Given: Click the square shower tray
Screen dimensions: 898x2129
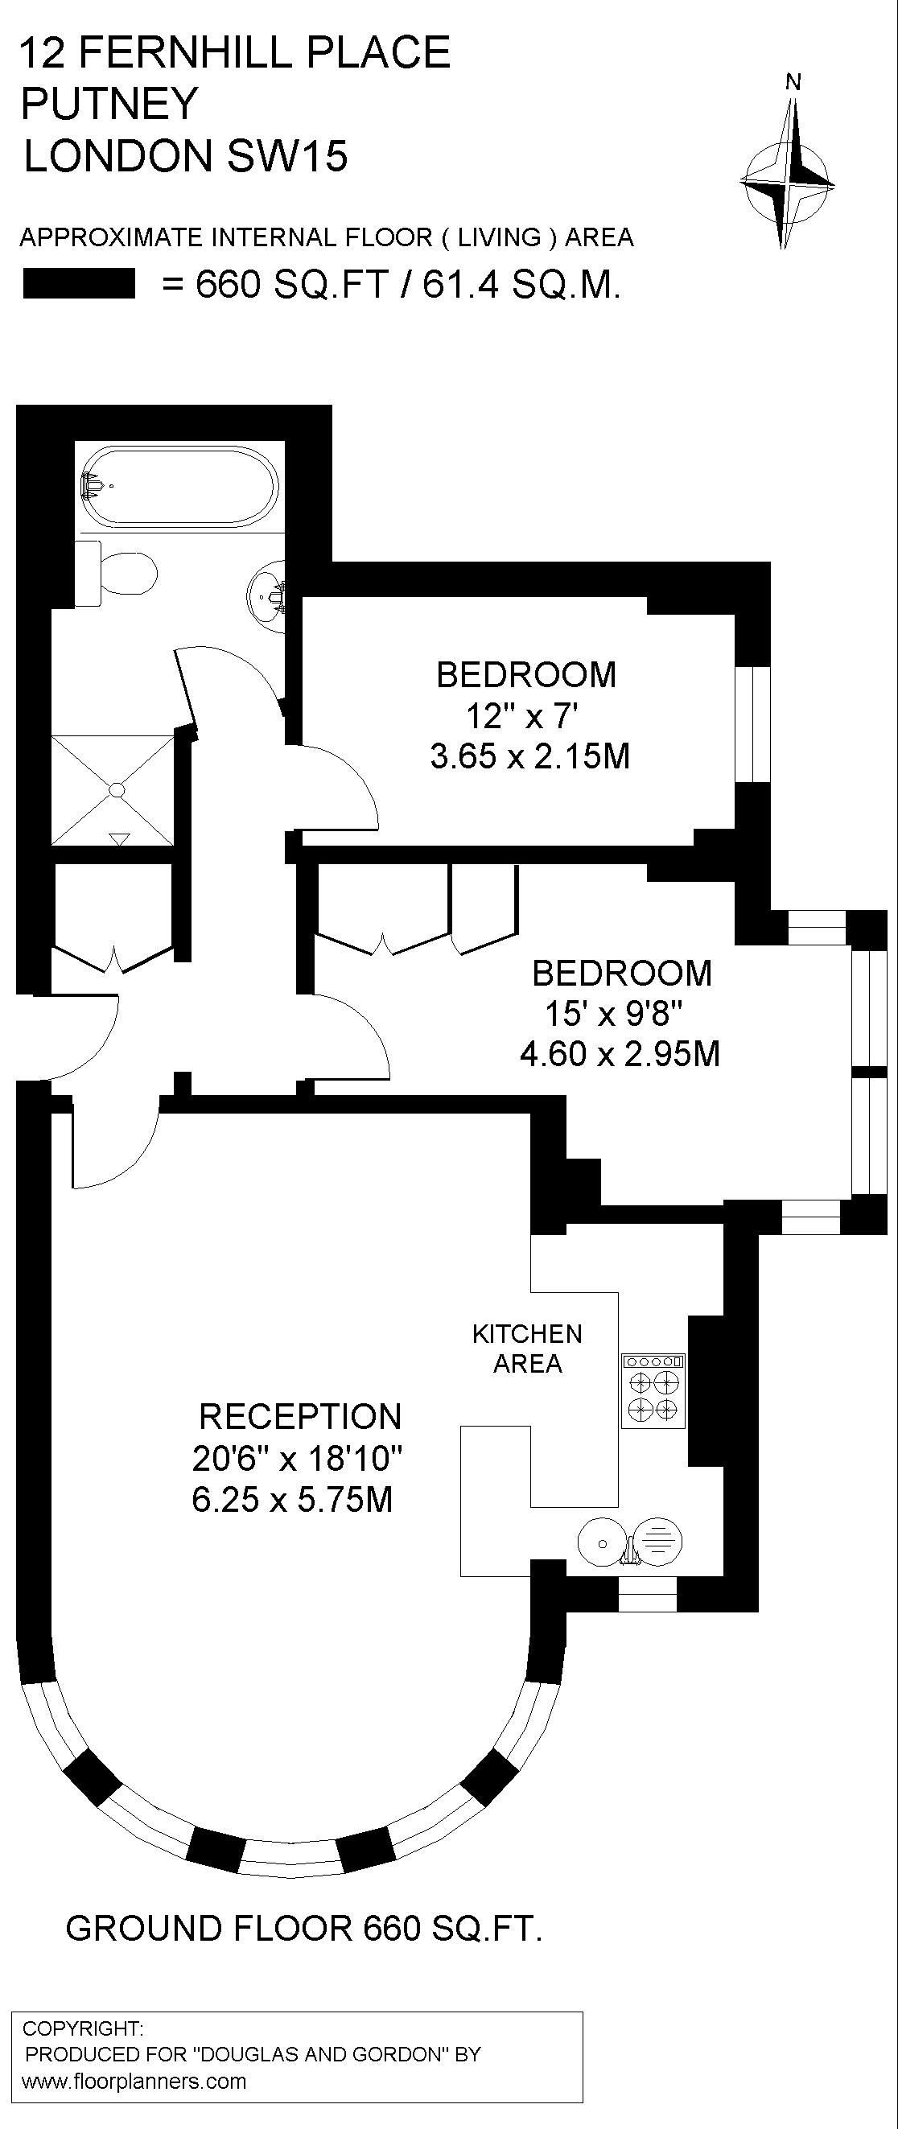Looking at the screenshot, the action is click(x=113, y=789).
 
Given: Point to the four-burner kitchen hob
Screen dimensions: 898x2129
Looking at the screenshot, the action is click(x=653, y=1390).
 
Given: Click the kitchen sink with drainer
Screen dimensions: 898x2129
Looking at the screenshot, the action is click(x=630, y=1543).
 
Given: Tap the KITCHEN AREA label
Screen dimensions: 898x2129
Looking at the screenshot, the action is click(x=528, y=1348).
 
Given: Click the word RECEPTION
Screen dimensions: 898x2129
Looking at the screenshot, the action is click(x=300, y=1417).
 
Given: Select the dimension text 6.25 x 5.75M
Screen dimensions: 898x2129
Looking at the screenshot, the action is click(x=293, y=1499).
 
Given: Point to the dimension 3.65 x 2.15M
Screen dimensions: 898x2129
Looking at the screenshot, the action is click(x=530, y=756).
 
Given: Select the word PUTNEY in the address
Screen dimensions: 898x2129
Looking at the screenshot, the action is click(x=110, y=104).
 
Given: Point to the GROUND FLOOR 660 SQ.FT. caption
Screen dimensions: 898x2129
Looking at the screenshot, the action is click(x=304, y=1928).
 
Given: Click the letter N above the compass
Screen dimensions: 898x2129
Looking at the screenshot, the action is click(x=793, y=82).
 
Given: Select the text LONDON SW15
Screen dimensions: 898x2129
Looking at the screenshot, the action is click(x=186, y=156).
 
